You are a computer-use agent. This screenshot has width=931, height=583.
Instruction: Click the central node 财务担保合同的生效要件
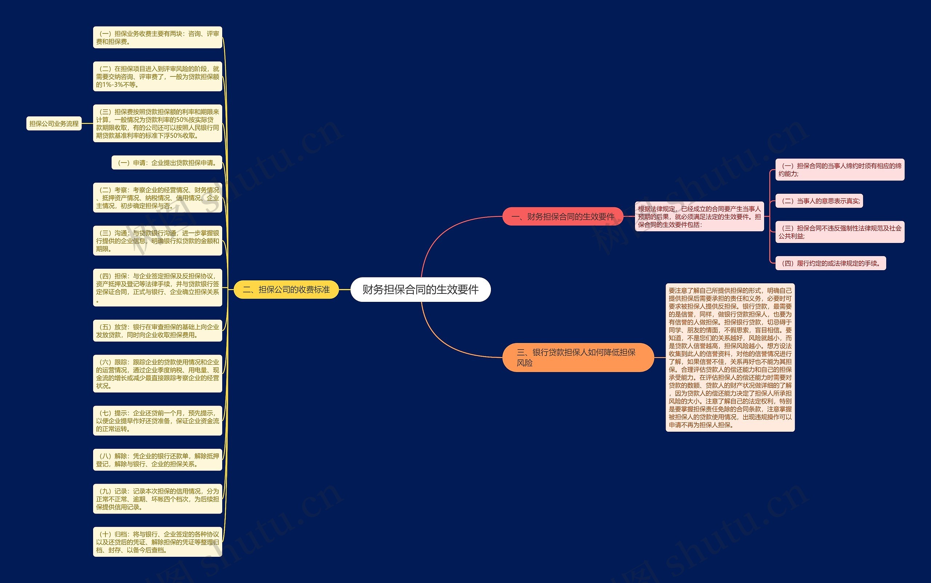[x=420, y=289]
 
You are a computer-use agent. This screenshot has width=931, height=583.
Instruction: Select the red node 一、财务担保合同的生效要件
[x=563, y=217]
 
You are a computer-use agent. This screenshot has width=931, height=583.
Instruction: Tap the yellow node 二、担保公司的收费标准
[x=286, y=289]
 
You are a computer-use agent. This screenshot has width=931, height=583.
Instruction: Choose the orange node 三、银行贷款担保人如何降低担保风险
[x=578, y=358]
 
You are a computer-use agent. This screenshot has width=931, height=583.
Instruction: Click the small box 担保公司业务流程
[x=54, y=124]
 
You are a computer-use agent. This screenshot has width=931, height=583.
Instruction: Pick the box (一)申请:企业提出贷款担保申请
[x=167, y=163]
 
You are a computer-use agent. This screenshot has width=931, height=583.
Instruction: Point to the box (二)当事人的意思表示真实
[x=819, y=201]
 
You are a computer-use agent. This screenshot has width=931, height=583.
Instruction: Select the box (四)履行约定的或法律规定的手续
[x=830, y=263]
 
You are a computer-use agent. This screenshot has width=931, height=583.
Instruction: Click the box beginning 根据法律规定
[x=699, y=217]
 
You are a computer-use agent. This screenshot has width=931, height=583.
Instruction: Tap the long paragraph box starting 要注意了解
[x=730, y=358]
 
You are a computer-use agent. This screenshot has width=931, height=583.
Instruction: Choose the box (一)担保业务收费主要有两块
[x=157, y=37]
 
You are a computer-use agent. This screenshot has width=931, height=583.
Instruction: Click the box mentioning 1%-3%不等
[x=157, y=76]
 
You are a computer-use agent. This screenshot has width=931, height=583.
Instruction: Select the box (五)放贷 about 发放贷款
[x=157, y=331]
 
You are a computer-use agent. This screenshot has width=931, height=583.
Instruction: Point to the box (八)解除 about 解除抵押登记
[x=157, y=460]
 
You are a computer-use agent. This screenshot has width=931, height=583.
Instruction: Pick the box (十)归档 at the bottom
[x=157, y=542]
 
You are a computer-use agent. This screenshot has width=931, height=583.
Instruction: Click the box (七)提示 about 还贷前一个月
[x=157, y=421]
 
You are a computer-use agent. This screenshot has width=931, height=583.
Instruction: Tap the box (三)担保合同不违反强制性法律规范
[x=840, y=232]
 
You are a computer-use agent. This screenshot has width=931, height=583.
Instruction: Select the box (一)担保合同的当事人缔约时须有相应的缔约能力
[x=840, y=169]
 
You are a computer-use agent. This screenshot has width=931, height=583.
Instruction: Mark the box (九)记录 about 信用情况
[x=157, y=499]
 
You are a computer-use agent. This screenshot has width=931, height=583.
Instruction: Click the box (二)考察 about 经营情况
[x=157, y=198]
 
